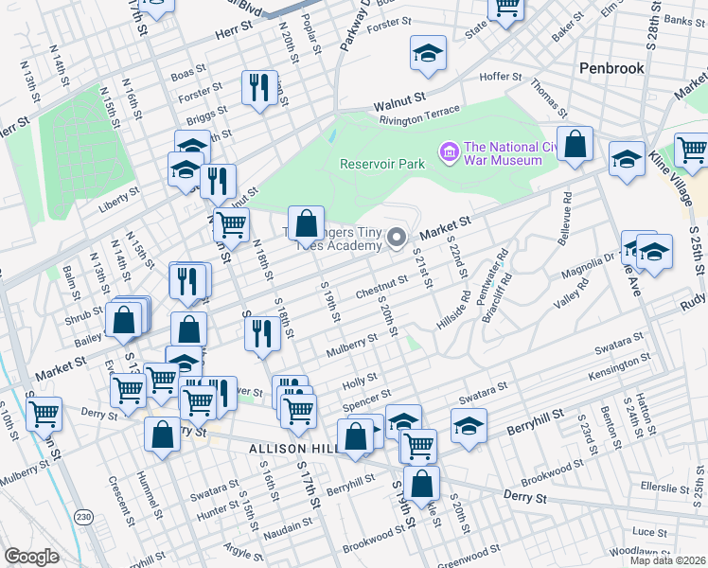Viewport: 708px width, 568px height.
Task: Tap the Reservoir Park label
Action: [382, 164]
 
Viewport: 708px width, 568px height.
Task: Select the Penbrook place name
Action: [611, 68]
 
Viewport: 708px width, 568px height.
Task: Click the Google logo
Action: [31, 557]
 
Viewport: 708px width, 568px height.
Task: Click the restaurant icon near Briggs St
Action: [256, 89]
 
